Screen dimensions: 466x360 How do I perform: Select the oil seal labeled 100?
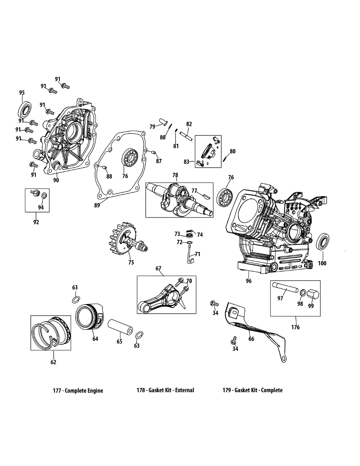pyautogui.click(x=323, y=243)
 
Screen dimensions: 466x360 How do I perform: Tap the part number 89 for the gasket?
pyautogui.click(x=97, y=205)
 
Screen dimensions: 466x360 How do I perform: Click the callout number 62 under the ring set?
pyautogui.click(x=54, y=362)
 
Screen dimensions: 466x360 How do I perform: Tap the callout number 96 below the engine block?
pyautogui.click(x=249, y=281)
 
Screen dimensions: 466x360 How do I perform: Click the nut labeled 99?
pyautogui.click(x=313, y=294)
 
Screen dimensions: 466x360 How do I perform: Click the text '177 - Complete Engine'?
pyautogui.click(x=78, y=390)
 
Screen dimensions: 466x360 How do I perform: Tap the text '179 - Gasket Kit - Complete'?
pyautogui.click(x=252, y=390)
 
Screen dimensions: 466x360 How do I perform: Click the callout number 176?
pyautogui.click(x=296, y=327)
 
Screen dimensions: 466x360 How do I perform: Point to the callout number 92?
pyautogui.click(x=36, y=222)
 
